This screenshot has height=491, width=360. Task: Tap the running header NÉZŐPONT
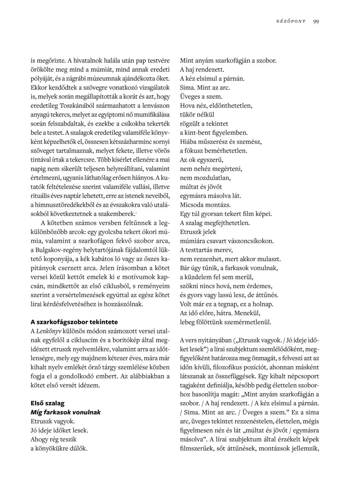pyautogui.click(x=291, y=22)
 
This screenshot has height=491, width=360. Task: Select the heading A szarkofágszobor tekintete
pyautogui.click(x=74, y=322)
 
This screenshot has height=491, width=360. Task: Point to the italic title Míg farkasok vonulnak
pyautogui.click(x=65, y=412)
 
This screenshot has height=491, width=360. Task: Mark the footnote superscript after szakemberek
pyautogui.click(x=147, y=212)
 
